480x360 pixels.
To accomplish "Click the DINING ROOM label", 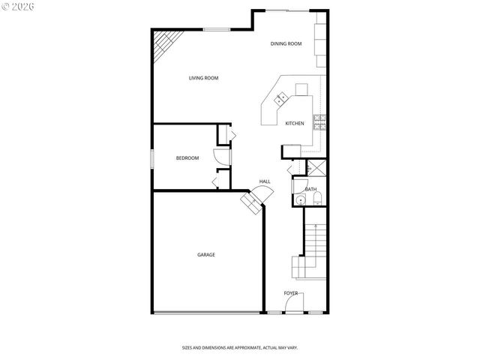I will coord(286,44).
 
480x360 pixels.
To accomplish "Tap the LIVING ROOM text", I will coord(203,78).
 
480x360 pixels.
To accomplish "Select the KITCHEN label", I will coord(294,123).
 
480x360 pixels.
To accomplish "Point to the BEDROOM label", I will coord(187,157).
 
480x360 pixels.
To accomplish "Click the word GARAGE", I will coord(206,255).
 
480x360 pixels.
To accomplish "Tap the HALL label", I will coord(265,181).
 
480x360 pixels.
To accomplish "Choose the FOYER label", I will coord(291,292).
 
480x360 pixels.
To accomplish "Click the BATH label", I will coord(310,189).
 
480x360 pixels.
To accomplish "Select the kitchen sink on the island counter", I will coord(282,97).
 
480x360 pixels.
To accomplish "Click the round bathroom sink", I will coord(300,199).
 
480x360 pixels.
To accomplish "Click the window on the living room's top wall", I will coord(217,29).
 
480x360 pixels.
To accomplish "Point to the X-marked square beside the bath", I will coord(316,168).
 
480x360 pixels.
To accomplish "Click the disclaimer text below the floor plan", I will coord(240,347).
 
